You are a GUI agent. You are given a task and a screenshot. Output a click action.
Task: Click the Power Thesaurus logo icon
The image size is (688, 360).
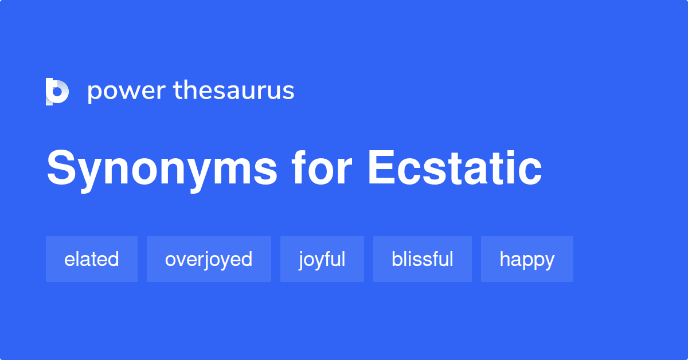pyautogui.click(x=57, y=91)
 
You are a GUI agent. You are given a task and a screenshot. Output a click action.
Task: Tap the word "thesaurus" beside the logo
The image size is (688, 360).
pyautogui.click(x=234, y=91)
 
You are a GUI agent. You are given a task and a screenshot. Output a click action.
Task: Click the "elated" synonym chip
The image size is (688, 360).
pyautogui.click(x=92, y=259)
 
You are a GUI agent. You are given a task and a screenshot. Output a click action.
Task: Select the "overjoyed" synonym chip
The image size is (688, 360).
pyautogui.click(x=209, y=259)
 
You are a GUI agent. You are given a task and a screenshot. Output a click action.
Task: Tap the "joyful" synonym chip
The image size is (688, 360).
pyautogui.click(x=322, y=259)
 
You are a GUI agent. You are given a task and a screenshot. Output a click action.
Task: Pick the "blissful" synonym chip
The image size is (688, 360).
pyautogui.click(x=423, y=259)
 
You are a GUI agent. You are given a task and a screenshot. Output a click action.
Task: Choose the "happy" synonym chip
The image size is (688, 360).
pyautogui.click(x=527, y=259)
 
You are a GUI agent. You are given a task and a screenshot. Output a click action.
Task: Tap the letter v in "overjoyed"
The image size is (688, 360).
pyautogui.click(x=181, y=260)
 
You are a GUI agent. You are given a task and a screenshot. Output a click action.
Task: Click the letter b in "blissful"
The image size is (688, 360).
pyautogui.click(x=397, y=259)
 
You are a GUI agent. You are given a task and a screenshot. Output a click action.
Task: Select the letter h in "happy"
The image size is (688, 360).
pyautogui.click(x=505, y=259)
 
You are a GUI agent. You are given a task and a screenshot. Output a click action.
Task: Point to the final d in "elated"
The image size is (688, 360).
pyautogui.click(x=114, y=259)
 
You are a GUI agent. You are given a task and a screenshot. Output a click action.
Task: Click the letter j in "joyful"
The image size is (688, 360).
pyautogui.click(x=301, y=260)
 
